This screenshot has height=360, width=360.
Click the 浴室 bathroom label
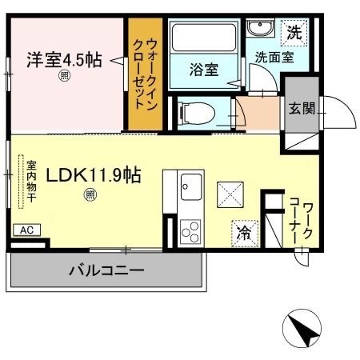click(204, 70)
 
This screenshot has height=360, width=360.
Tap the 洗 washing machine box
click(294, 34)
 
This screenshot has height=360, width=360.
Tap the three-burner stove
click(191, 232)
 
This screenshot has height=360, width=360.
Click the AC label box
click(26, 230)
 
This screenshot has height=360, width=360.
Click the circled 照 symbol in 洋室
click(64, 77)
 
